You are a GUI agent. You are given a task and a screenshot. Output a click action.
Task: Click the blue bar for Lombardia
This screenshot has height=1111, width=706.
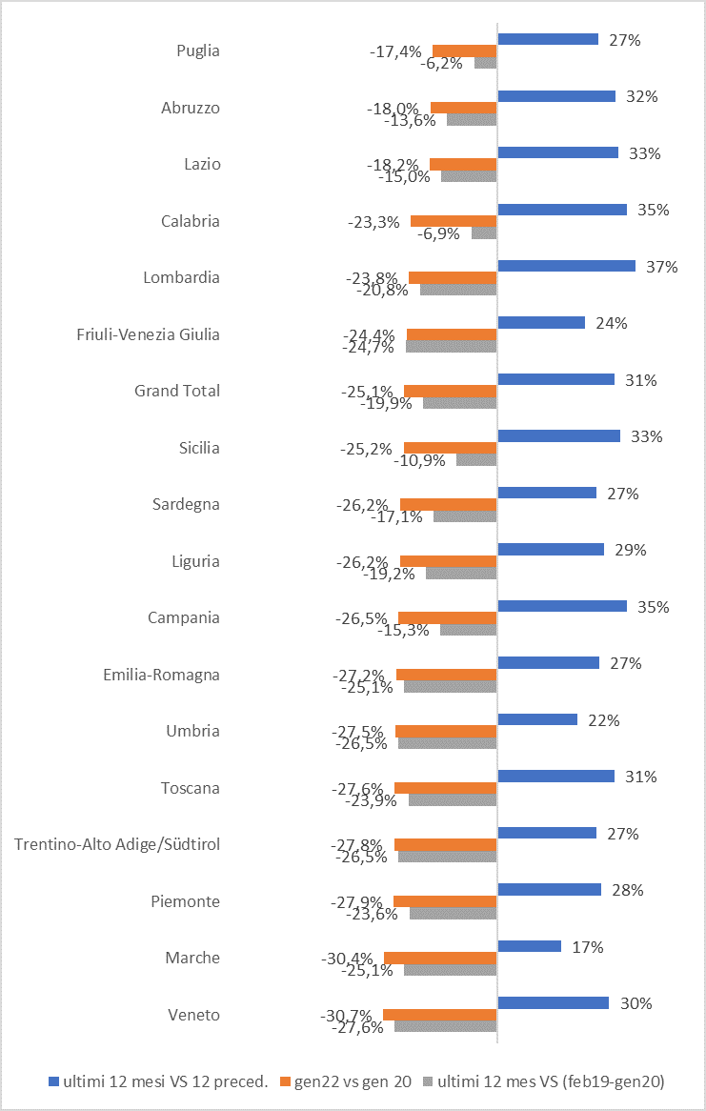point(566,266)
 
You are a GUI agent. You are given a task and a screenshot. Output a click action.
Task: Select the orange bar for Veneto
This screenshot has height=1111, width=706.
point(439,1015)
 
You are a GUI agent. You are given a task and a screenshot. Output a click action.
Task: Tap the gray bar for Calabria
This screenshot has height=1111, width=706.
point(484,232)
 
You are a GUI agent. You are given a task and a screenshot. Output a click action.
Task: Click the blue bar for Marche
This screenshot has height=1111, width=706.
point(529,946)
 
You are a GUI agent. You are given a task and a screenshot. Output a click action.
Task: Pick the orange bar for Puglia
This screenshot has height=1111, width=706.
point(464,51)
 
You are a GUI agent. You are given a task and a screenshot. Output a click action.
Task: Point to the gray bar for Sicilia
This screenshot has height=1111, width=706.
point(476,459)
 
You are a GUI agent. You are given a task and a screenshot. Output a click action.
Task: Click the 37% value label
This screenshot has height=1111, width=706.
point(661,267)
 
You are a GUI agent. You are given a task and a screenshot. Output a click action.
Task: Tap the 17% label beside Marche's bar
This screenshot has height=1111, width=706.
point(587,947)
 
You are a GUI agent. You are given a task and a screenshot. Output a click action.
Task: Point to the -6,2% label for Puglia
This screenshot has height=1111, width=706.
point(442,63)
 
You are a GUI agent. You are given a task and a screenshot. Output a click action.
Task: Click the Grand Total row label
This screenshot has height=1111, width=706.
point(177,391)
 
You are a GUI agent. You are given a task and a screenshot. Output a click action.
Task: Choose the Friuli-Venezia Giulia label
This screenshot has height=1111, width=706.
point(148,334)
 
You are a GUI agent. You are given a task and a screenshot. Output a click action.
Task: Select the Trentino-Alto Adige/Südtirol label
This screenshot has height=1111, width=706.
point(117,844)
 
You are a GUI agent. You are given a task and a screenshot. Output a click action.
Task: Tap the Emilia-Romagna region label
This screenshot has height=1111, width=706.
point(161,675)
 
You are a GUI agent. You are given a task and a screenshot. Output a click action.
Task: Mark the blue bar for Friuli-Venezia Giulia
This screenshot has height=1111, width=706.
point(541,323)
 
